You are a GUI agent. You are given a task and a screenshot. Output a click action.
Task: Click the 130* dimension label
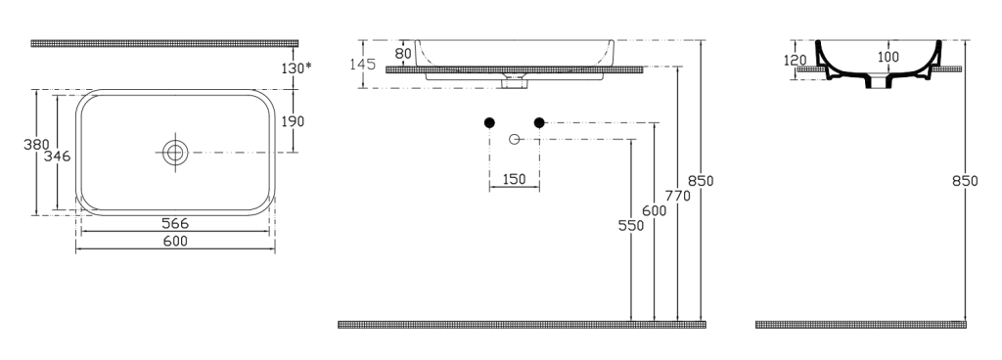(296, 68)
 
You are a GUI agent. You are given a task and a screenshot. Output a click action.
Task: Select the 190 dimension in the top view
(293, 121)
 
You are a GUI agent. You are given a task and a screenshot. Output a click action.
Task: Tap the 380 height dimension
(36, 145)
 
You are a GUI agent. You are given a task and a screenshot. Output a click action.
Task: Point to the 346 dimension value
(57, 156)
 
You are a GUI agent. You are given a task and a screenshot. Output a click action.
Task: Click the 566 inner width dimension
(175, 223)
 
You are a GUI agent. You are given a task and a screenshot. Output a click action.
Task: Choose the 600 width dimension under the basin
(175, 242)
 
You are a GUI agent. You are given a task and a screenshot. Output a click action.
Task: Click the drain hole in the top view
(175, 153)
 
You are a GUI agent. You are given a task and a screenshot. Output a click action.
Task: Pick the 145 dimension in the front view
(362, 65)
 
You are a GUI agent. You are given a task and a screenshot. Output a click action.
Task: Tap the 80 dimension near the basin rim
(403, 54)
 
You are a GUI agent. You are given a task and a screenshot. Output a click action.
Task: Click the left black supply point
(489, 122)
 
